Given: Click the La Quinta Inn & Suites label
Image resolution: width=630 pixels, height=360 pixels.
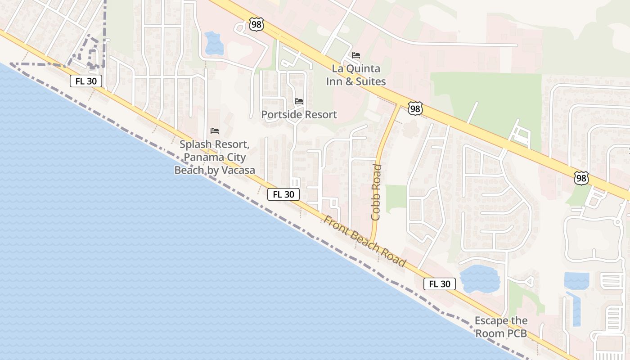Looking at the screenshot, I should [x=356, y=75].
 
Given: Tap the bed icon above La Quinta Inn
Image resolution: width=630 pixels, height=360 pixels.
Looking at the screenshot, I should [x=356, y=55].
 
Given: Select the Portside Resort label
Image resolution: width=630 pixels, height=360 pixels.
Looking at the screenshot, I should [x=299, y=115].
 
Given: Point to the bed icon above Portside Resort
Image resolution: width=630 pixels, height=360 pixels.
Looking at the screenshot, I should [x=299, y=101].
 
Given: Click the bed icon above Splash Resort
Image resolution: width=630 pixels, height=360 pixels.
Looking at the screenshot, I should [x=215, y=131].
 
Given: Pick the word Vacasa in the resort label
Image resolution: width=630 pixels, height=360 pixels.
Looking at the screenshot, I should [x=234, y=170].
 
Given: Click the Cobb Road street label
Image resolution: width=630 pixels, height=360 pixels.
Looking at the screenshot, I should [x=376, y=192].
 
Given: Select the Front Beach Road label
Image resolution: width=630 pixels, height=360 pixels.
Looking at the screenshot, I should [x=365, y=241].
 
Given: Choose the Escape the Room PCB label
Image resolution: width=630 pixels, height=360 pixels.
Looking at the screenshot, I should [x=501, y=327].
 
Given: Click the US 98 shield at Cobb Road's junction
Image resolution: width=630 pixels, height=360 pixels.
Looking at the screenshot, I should [x=415, y=108].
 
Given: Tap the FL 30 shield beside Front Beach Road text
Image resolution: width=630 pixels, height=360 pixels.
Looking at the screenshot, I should [x=283, y=194].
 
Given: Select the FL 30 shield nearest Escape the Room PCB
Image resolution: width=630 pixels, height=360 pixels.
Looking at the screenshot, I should [x=439, y=284].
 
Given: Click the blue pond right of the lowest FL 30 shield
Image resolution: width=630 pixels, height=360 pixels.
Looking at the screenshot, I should [x=480, y=279].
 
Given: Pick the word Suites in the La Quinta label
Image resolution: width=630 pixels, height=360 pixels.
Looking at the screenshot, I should [x=371, y=81].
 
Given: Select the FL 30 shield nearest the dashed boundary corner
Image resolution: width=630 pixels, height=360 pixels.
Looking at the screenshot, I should [x=86, y=81].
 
